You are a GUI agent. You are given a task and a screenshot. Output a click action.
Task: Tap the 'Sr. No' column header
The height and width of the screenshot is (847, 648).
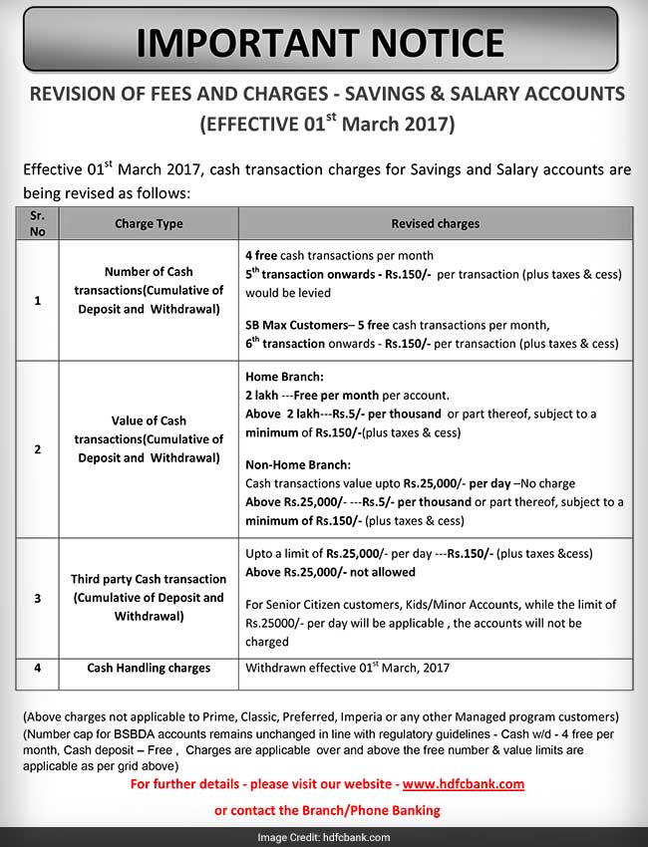point(38,223)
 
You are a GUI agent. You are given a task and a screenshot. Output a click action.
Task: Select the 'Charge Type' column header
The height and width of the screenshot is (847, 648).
point(149,224)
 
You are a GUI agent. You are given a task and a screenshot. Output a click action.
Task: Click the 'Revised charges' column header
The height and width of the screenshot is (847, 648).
point(435,224)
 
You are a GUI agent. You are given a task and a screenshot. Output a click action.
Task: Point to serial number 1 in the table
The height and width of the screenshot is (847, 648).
point(38,299)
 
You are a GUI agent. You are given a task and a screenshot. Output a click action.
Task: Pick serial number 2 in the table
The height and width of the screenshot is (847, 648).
point(38,448)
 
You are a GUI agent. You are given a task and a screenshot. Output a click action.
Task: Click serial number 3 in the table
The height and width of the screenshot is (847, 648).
point(38,598)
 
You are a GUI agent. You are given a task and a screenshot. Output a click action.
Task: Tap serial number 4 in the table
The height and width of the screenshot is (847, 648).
point(38,669)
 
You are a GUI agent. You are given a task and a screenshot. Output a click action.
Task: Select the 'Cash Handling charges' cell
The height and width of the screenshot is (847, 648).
point(149,669)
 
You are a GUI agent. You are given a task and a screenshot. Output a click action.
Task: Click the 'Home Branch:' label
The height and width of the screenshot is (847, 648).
point(283,379)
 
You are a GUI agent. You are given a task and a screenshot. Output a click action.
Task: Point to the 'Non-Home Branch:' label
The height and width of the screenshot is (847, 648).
point(296,464)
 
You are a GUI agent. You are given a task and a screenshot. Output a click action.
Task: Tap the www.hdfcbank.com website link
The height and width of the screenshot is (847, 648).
point(464,784)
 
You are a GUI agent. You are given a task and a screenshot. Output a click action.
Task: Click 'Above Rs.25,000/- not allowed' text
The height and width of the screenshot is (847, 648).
point(330,572)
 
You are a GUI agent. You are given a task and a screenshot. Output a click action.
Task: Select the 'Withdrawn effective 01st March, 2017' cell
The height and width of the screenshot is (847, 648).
point(349,669)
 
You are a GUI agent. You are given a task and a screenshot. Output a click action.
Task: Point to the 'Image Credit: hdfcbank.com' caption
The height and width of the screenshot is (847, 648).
point(323,835)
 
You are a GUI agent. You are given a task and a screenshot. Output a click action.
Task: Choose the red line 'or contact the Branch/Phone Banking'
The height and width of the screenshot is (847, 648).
point(327,810)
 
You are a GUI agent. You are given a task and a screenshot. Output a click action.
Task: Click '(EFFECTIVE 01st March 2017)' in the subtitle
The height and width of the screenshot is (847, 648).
point(327,126)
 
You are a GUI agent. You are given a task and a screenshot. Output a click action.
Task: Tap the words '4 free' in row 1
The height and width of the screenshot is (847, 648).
point(261,256)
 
